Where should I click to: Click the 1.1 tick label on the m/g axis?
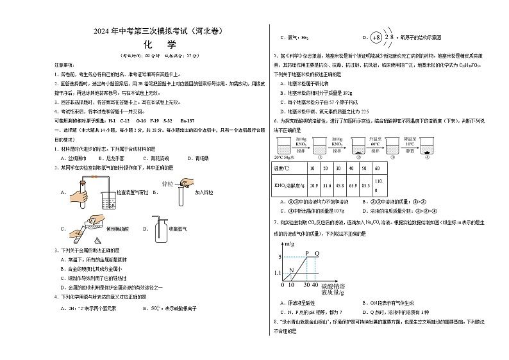(277, 274)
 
